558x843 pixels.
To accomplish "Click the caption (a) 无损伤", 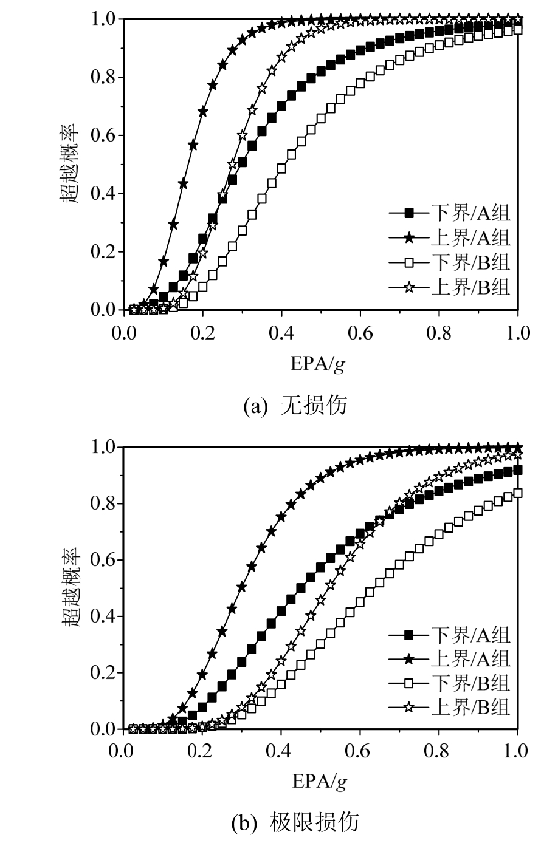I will [295, 405].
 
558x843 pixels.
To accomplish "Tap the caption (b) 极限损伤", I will [295, 822].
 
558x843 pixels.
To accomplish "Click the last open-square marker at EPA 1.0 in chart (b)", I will [517, 493].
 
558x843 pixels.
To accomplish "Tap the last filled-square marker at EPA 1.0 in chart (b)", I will [517, 469].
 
